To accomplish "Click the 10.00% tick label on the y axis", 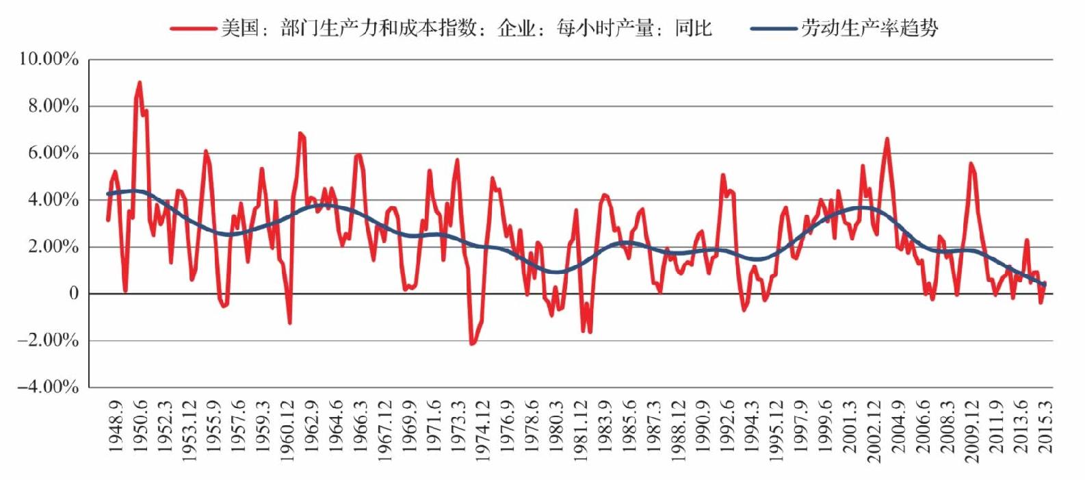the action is click(x=49, y=60).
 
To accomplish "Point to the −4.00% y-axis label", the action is click(x=47, y=387).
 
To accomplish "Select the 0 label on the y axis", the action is click(x=73, y=293).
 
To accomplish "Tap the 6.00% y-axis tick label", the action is click(x=53, y=153).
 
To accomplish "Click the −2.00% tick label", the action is click(x=47, y=340).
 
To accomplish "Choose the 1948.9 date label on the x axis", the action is click(x=116, y=427).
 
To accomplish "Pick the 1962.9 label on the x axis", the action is click(x=311, y=427).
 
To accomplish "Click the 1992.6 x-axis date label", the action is click(x=727, y=427).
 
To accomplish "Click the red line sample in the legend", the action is click(x=194, y=29).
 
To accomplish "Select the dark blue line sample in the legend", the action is click(x=774, y=29).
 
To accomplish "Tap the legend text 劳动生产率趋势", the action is click(x=870, y=28).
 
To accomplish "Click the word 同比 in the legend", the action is click(x=694, y=28).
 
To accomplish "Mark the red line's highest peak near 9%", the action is click(x=140, y=82).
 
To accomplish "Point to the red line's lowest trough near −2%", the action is click(x=471, y=344).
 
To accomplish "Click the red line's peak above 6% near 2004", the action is click(x=887, y=139).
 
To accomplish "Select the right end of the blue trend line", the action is click(x=1045, y=285).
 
